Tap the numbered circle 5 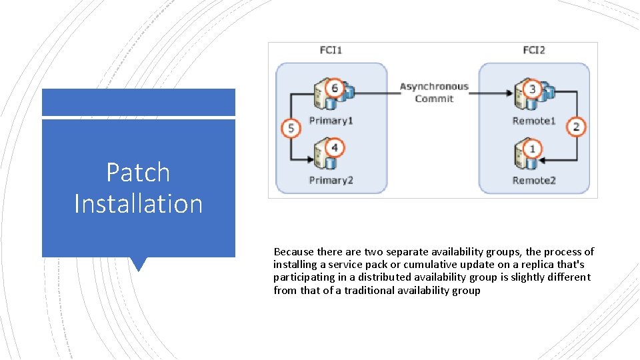click(x=290, y=127)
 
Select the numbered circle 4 click(x=335, y=147)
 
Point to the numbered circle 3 click(x=532, y=89)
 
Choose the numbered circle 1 click(x=532, y=149)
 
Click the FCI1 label click(x=331, y=50)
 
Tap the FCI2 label click(x=534, y=50)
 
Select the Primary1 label click(x=331, y=121)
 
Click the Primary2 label click(x=331, y=180)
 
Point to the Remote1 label click(x=534, y=121)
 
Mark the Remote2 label click(x=534, y=180)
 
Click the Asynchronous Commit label click(x=434, y=93)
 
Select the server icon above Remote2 click(x=521, y=156)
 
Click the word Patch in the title click(x=138, y=173)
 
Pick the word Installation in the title click(x=138, y=203)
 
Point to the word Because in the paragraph click(x=294, y=252)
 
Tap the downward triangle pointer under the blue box click(x=139, y=264)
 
